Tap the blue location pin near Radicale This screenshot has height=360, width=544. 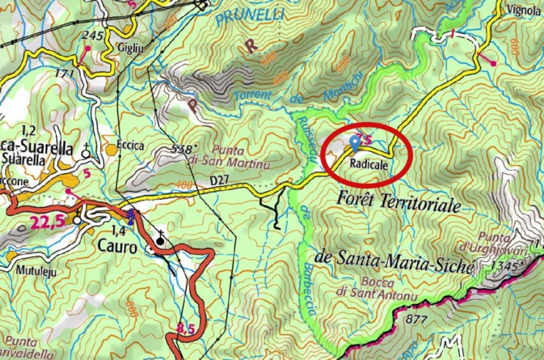pos(356,144)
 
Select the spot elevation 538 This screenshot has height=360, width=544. pos(183,149)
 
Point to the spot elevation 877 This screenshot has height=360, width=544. pos(415,320)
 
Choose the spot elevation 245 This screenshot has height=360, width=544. pos(93,36)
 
